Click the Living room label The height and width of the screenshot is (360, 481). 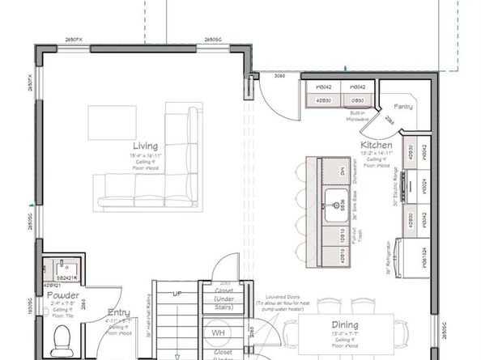(146, 146)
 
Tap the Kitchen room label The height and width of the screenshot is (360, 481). (377, 145)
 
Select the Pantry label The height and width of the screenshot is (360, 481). (403, 106)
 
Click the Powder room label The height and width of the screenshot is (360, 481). (62, 295)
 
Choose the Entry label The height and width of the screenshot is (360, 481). (118, 311)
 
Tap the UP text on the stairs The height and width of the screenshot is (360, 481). (177, 293)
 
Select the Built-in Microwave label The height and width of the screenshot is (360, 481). (357, 117)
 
